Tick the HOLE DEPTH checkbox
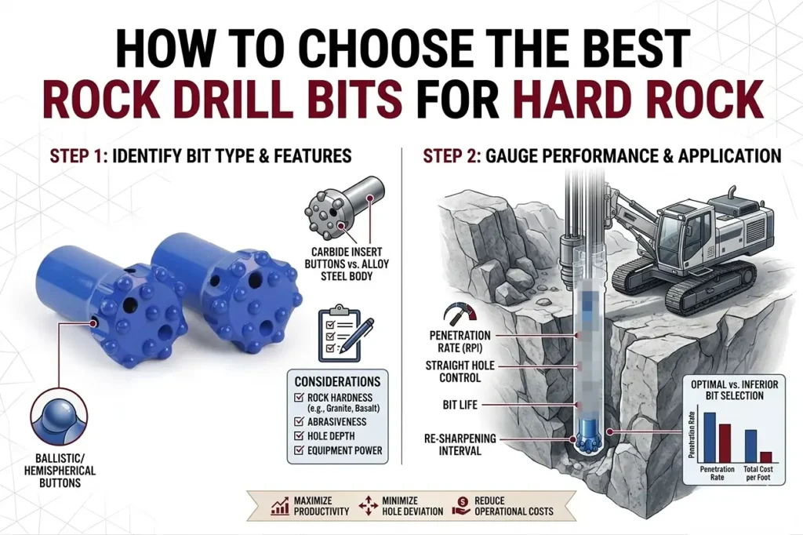[300, 435]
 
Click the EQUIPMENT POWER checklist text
[345, 450]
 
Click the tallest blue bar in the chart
[709, 437]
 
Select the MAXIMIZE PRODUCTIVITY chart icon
[278, 506]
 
